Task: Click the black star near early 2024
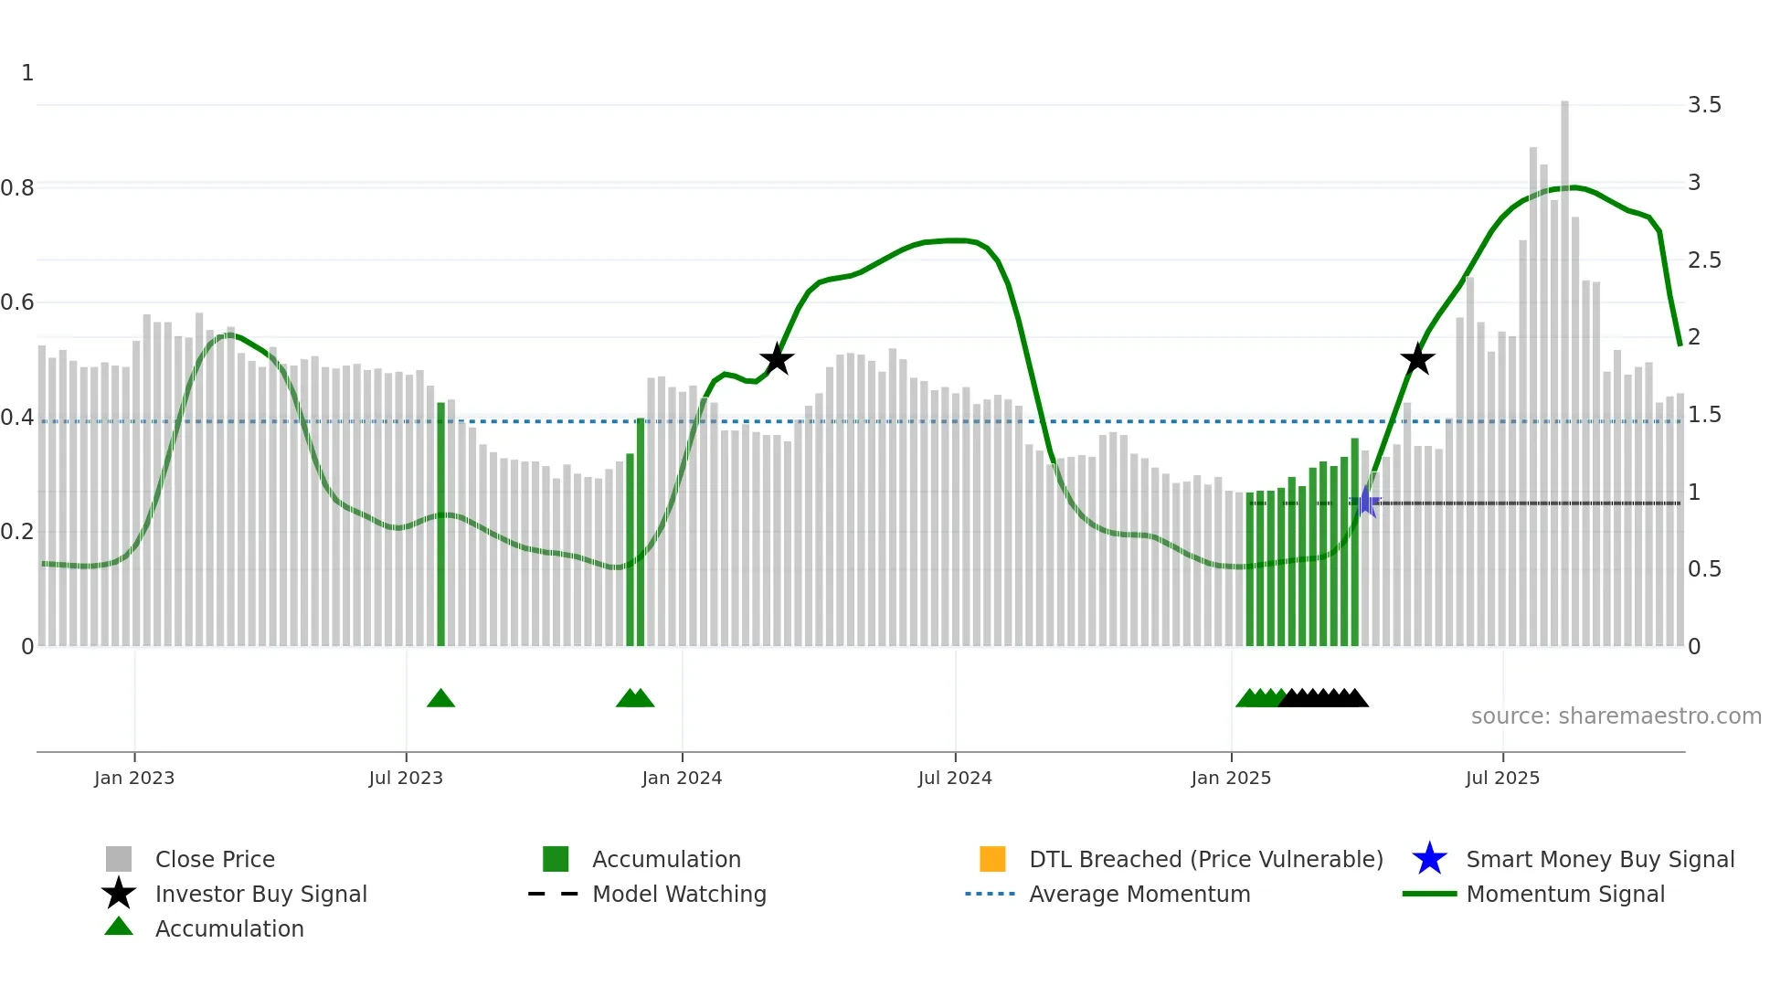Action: click(x=777, y=359)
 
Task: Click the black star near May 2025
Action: click(x=1417, y=359)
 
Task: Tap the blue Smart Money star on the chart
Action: click(x=1365, y=502)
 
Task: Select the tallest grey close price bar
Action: click(x=1564, y=366)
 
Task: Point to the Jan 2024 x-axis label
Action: click(x=682, y=779)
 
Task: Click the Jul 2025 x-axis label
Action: click(x=1502, y=779)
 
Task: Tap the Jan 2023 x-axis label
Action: click(x=134, y=779)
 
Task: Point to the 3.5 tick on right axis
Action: click(x=1704, y=105)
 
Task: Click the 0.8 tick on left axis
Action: click(x=17, y=188)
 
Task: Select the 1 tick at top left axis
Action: click(x=27, y=73)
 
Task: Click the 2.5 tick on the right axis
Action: click(x=1704, y=260)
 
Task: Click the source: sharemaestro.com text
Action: click(x=1616, y=716)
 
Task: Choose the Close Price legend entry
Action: click(x=215, y=860)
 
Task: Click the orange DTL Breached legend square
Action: click(x=992, y=859)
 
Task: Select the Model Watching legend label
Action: click(x=679, y=895)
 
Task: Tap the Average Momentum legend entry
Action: click(x=1139, y=895)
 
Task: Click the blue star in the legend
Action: click(x=1429, y=859)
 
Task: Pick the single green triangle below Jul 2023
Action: click(x=440, y=699)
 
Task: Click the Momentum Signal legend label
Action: click(x=1564, y=895)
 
